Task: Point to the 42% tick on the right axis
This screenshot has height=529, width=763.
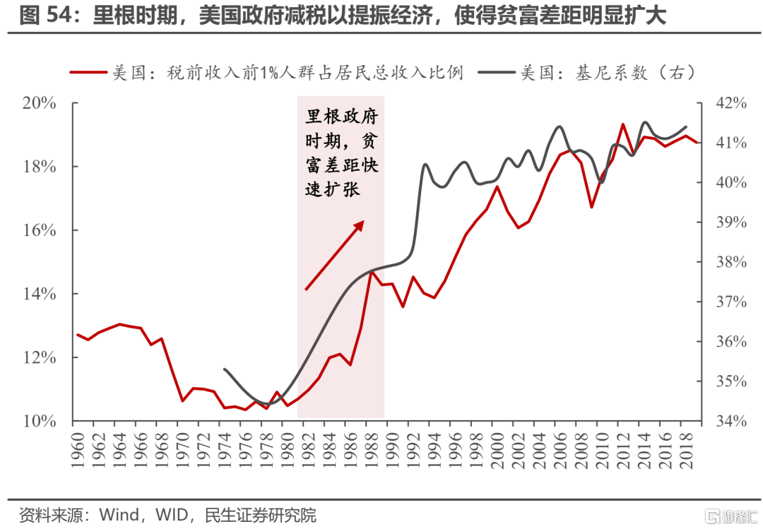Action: pyautogui.click(x=727, y=103)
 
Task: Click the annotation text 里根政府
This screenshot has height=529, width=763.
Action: pyautogui.click(x=342, y=116)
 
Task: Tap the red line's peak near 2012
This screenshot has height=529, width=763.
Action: pyautogui.click(x=622, y=124)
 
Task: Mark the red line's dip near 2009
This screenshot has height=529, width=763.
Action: pyautogui.click(x=592, y=206)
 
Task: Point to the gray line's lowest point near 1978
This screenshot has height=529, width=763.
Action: pyautogui.click(x=266, y=405)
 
